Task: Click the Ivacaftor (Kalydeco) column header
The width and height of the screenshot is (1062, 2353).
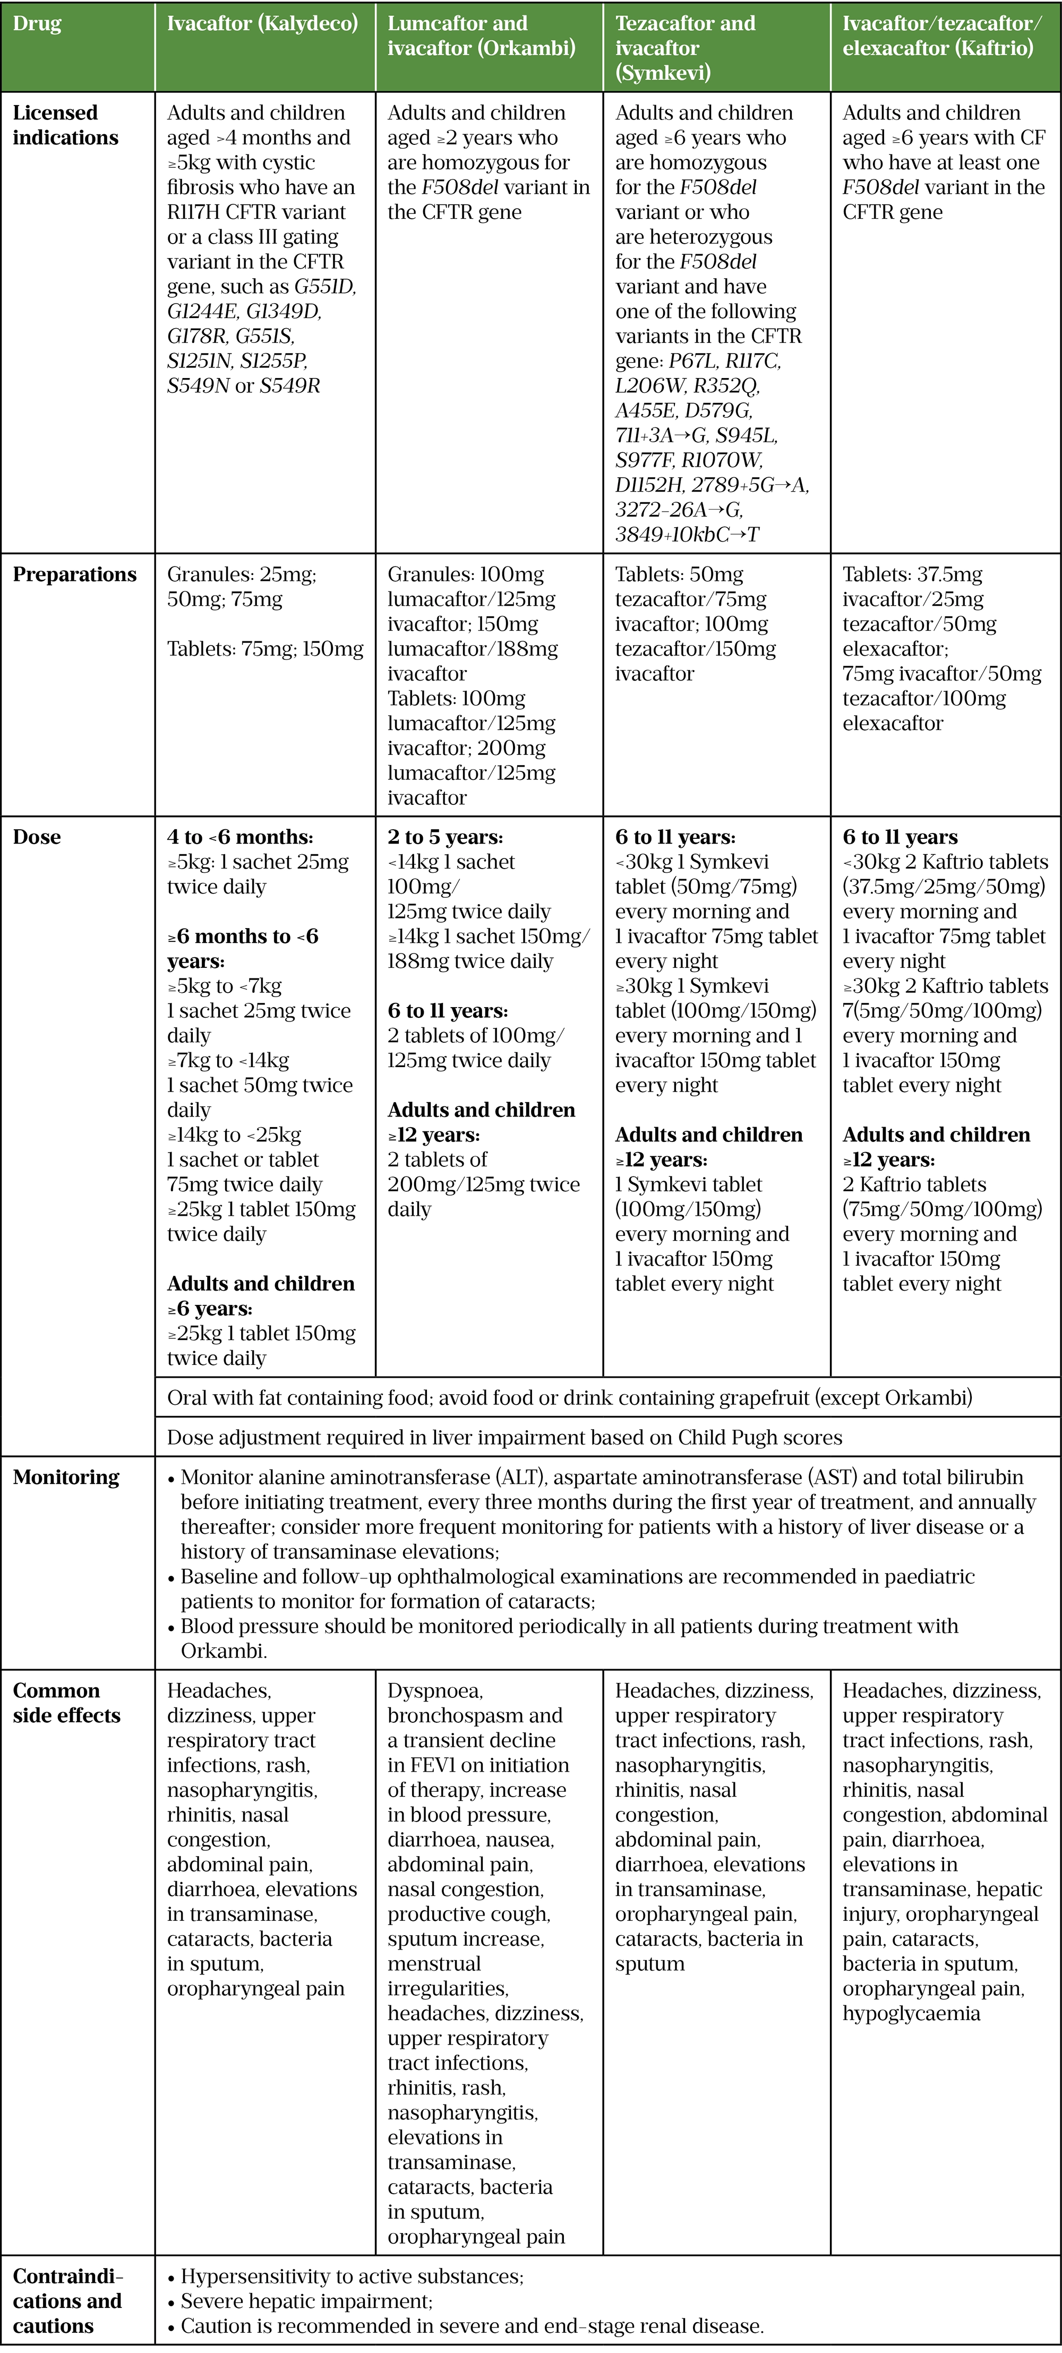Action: [262, 24]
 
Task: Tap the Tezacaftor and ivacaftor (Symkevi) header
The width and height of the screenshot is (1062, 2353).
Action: [686, 47]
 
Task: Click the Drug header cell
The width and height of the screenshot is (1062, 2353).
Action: [38, 24]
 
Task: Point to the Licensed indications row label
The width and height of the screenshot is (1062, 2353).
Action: [66, 125]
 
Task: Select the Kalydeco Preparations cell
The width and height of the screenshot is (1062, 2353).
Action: [265, 612]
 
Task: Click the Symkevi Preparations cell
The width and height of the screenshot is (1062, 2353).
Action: [695, 624]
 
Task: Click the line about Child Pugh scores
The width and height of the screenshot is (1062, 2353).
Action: [504, 1437]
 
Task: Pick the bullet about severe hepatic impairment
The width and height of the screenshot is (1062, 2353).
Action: [306, 2301]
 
